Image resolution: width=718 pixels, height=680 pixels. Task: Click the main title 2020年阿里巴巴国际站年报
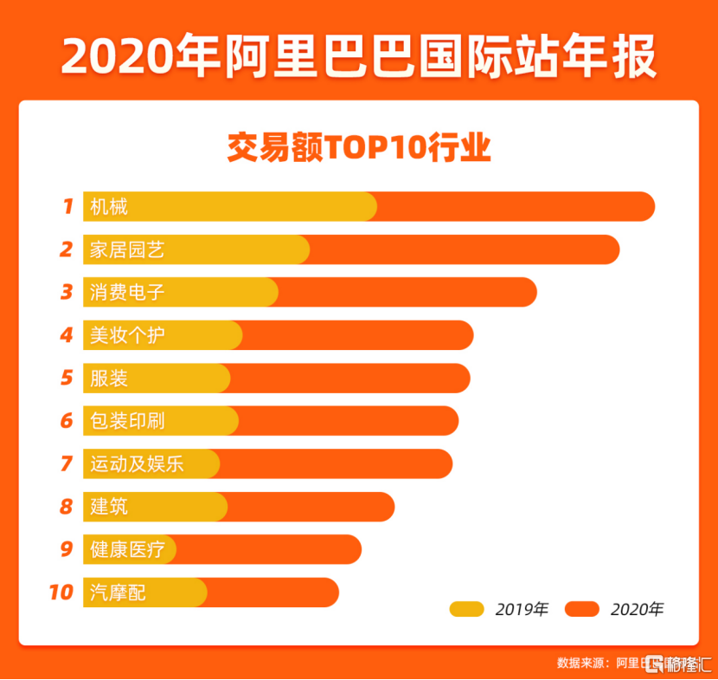[358, 56]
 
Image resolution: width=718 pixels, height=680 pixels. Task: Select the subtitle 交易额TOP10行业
[358, 147]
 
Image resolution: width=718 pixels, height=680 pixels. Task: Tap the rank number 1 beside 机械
[67, 207]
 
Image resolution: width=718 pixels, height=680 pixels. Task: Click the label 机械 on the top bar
[109, 207]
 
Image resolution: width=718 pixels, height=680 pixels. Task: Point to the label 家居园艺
[127, 250]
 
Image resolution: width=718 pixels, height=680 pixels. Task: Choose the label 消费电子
[127, 293]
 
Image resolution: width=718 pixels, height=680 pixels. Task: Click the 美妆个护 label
[127, 335]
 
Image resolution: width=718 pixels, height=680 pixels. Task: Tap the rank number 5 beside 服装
[67, 379]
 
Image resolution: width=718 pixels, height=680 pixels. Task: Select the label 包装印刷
[127, 421]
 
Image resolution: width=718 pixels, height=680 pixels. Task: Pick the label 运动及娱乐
[137, 463]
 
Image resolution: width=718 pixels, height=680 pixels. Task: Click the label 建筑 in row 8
[109, 506]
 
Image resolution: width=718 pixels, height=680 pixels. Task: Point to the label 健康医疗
[127, 549]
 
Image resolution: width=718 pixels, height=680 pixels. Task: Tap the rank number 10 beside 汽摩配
[61, 593]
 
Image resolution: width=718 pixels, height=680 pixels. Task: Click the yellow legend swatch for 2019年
[466, 609]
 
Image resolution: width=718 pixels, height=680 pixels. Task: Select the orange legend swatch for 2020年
[582, 609]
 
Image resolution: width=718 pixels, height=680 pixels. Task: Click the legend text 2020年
[637, 609]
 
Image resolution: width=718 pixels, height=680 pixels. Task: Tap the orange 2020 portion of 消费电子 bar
[407, 293]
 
